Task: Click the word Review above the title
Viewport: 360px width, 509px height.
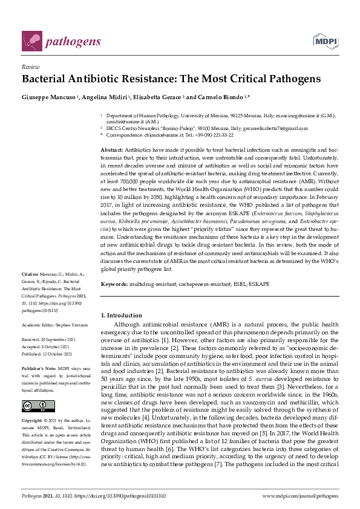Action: pos(30,68)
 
